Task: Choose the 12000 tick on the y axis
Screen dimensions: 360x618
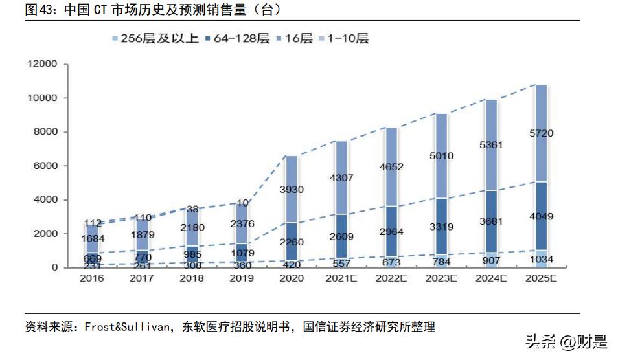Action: click(x=42, y=64)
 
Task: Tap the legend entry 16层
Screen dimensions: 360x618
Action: click(x=298, y=39)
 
